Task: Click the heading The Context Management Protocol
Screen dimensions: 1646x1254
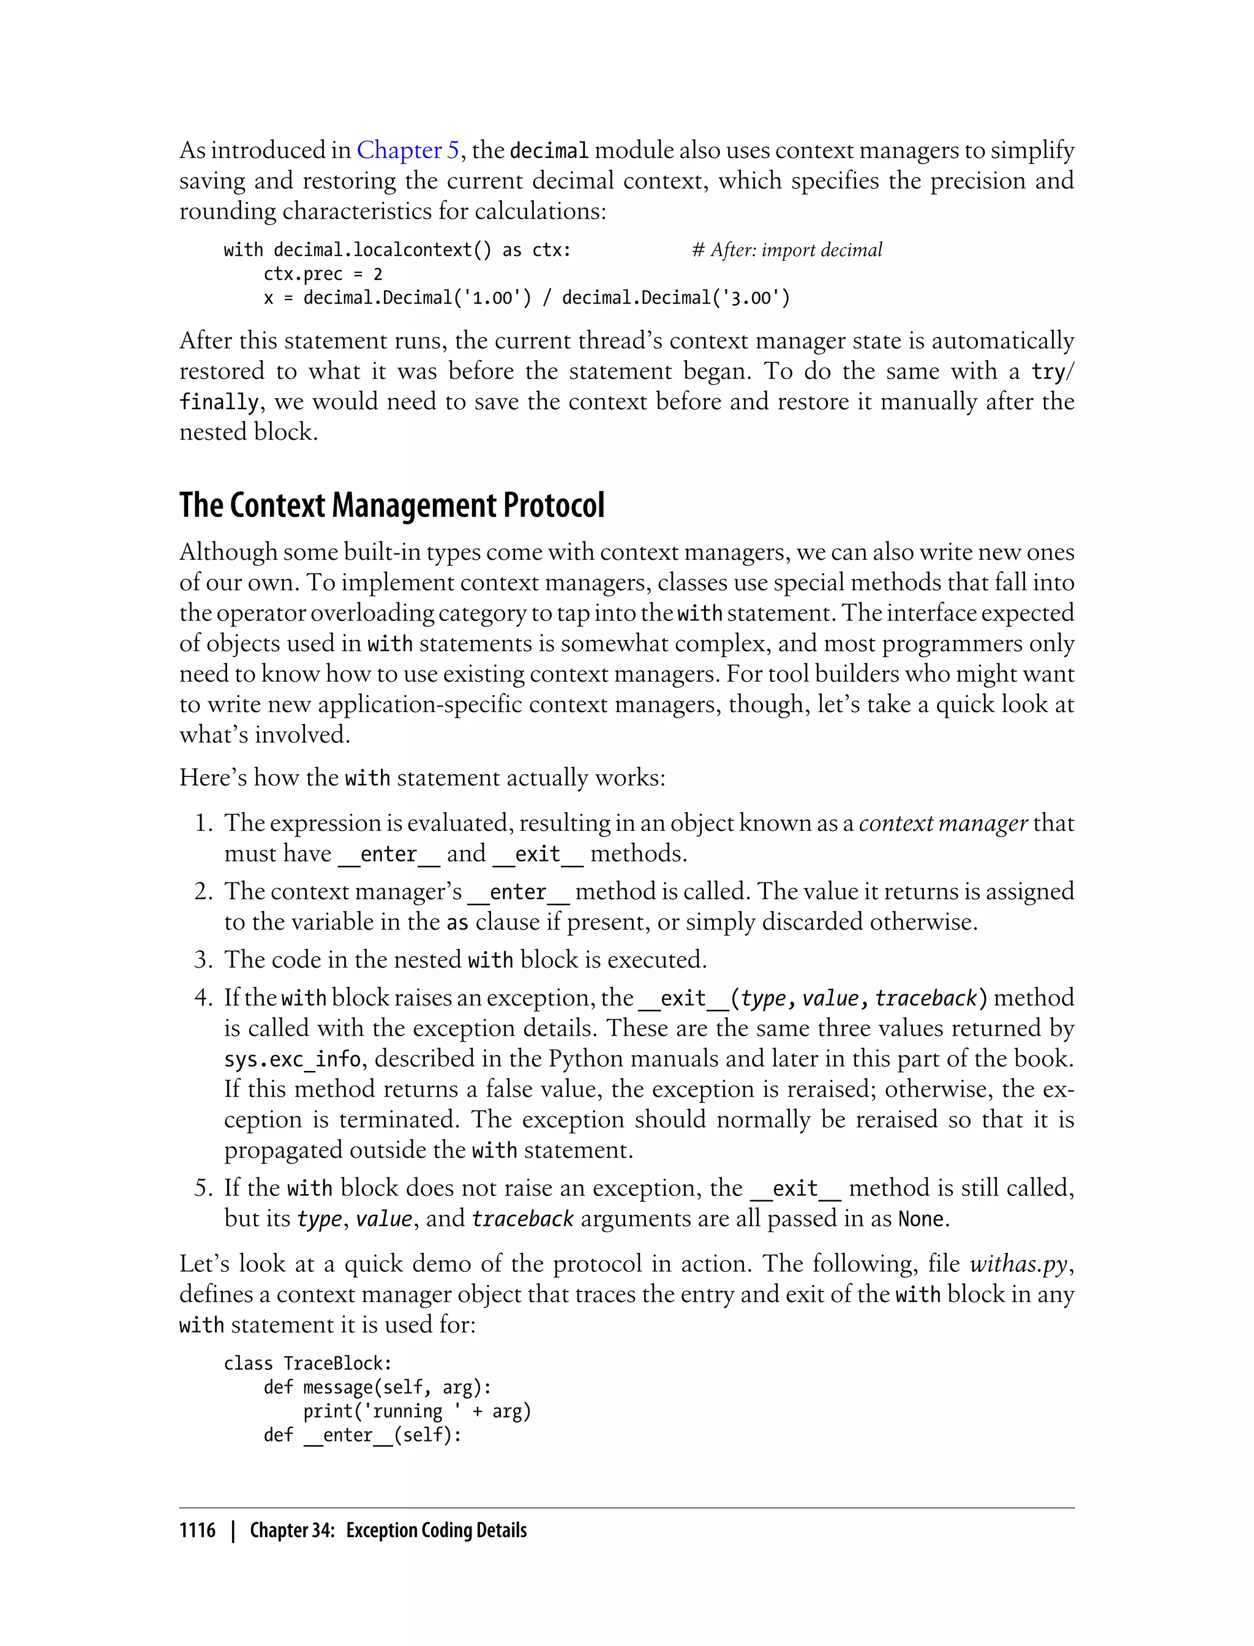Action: tap(391, 505)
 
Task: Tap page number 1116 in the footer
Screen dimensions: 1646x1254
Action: tap(197, 1530)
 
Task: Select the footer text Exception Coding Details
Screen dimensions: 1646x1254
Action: tap(436, 1530)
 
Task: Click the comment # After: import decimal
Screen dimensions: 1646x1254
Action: tap(787, 250)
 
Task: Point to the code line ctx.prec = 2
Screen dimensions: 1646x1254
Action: tap(323, 274)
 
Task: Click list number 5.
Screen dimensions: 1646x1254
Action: tap(203, 1188)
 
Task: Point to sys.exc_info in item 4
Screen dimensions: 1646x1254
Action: tap(292, 1059)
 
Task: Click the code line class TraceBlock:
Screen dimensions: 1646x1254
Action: tap(307, 1364)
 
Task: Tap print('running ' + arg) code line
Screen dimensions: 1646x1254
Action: tap(416, 1411)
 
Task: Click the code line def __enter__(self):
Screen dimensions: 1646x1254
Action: tap(362, 1435)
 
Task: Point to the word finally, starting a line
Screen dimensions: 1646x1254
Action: tap(219, 402)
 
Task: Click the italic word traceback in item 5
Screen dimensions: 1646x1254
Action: tap(522, 1219)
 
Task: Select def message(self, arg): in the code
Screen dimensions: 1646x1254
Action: tap(377, 1388)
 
